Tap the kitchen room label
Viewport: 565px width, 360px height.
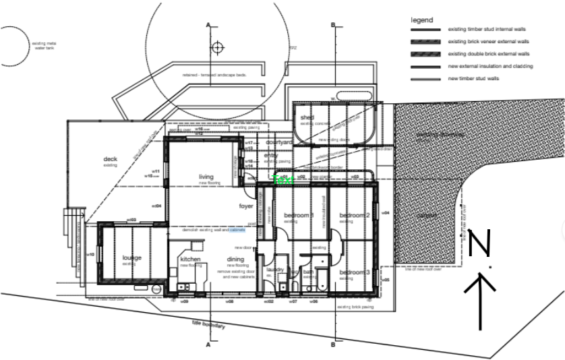191,260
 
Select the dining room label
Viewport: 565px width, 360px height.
235,260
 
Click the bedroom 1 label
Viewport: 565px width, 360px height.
299,216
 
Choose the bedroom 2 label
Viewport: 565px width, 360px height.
354,216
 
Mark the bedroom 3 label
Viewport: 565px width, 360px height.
354,272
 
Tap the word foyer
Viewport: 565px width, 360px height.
246,206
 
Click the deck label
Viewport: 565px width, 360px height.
110,160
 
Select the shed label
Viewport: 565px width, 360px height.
307,118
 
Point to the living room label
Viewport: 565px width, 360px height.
206,177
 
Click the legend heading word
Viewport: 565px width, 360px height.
422,20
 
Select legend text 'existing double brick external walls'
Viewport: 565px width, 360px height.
489,54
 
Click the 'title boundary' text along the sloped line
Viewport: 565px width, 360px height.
208,325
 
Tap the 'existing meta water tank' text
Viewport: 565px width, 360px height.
44,46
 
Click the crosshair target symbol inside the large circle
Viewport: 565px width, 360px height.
217,48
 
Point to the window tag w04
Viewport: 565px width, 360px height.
386,213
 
